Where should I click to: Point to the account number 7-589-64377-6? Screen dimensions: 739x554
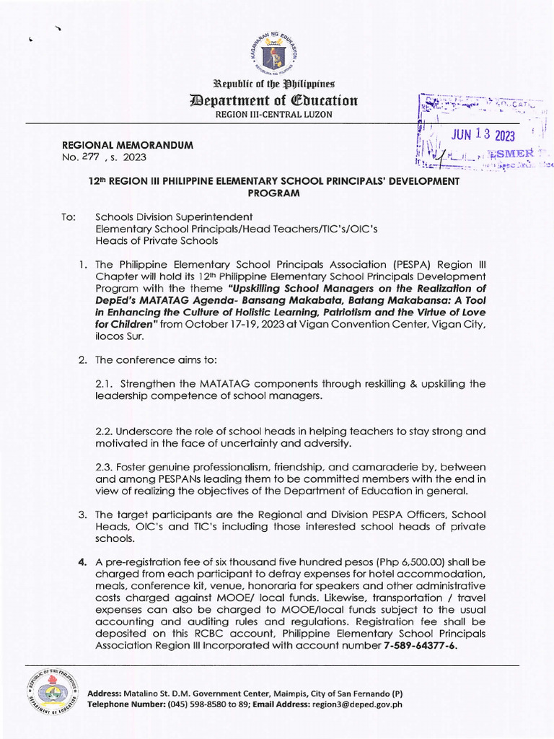pyautogui.click(x=420, y=646)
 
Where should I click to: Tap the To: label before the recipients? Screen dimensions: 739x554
pyautogui.click(x=69, y=217)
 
